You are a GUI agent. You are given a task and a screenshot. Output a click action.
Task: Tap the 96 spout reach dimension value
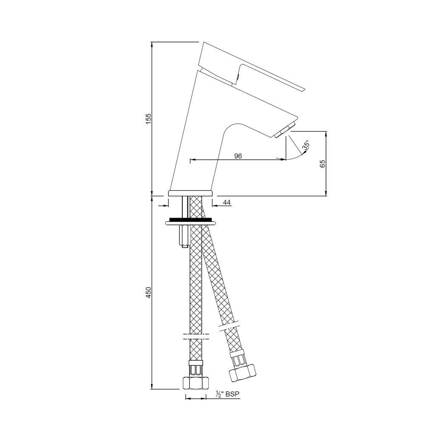(x=238, y=156)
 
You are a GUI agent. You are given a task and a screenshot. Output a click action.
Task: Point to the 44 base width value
(x=227, y=203)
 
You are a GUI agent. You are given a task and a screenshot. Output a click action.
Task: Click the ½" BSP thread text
(x=228, y=394)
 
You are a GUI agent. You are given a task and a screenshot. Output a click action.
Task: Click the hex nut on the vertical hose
(x=195, y=382)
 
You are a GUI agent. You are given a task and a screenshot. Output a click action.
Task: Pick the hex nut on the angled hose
(x=243, y=373)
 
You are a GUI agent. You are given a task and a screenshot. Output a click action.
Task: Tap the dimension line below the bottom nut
(x=200, y=398)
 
